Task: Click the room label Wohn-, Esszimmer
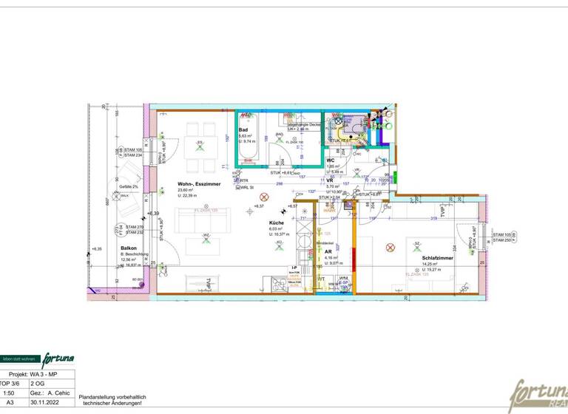[x=199, y=183]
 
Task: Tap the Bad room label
[x=243, y=130]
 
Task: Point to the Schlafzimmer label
[x=437, y=258]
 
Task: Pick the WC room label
[x=331, y=160]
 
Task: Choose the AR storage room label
[x=327, y=251]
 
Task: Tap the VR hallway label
[x=330, y=180]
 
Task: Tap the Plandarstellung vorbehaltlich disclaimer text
[x=112, y=398]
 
